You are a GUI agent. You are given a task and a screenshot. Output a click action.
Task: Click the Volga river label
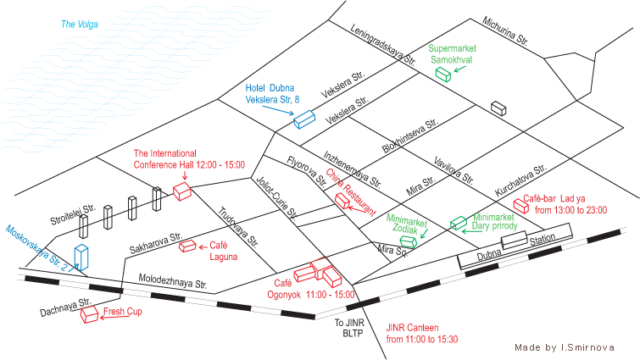tap(80, 25)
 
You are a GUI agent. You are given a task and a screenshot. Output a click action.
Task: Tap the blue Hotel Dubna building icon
tap(304, 119)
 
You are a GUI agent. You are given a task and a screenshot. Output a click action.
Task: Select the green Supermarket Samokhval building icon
tap(442, 75)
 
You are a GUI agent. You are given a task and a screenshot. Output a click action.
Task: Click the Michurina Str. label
tap(505, 31)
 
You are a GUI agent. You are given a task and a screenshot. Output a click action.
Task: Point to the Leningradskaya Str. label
tap(383, 45)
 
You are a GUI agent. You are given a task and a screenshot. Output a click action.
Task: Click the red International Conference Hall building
tap(182, 191)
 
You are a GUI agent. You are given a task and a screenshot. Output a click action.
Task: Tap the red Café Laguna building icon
tap(187, 246)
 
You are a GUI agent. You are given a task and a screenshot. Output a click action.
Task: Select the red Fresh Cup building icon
tap(89, 314)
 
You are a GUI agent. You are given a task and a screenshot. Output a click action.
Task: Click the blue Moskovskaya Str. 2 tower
tap(81, 258)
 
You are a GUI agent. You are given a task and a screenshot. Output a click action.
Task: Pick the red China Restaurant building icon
tap(342, 201)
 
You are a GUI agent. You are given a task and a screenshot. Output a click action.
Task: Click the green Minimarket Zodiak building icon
tap(409, 241)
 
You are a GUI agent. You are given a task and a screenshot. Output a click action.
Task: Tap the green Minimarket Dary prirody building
tap(459, 223)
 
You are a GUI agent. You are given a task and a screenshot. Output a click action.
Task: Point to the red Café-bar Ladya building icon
tap(521, 206)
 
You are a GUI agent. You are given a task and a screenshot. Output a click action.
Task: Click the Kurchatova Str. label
tap(520, 180)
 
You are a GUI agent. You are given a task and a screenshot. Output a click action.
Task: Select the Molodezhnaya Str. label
tap(173, 281)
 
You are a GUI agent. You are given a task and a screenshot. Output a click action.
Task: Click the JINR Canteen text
tap(413, 327)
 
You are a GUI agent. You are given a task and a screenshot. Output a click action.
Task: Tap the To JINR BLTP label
tap(349, 328)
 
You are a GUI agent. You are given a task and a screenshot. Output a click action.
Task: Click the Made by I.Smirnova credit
tap(565, 347)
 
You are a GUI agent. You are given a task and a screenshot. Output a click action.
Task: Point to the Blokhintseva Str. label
tap(410, 136)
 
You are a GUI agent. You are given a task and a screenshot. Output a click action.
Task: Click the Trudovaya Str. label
tap(238, 228)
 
